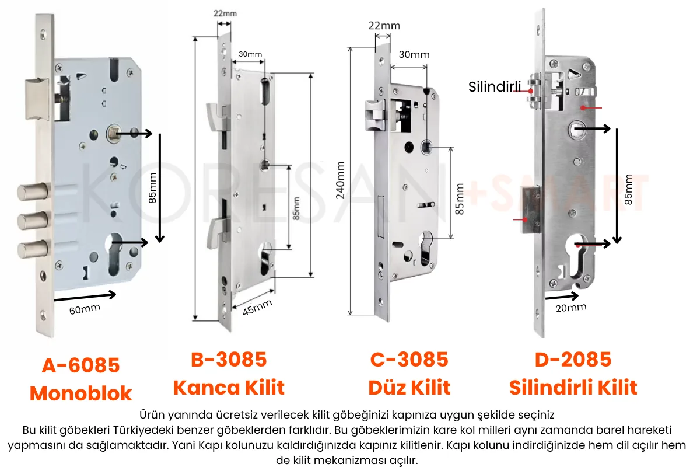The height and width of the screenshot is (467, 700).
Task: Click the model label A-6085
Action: (x=80, y=365)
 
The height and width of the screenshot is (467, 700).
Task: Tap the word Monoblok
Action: (x=80, y=393)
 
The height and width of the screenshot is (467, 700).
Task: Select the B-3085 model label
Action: (x=229, y=359)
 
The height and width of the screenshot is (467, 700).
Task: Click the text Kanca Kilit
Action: (x=229, y=387)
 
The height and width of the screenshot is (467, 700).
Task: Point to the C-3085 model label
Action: (x=409, y=359)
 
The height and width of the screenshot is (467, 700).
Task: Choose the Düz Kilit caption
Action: (x=409, y=387)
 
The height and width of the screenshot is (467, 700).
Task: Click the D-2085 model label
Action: (x=573, y=359)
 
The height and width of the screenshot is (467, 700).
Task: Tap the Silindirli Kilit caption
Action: (x=573, y=387)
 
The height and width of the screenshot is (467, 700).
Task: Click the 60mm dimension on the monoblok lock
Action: (x=85, y=309)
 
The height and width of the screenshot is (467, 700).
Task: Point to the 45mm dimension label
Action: (x=257, y=307)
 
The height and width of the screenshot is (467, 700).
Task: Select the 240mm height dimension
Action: (x=340, y=180)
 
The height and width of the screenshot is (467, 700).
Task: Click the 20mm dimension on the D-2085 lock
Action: (x=571, y=308)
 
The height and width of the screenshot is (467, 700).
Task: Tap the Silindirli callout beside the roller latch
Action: (x=495, y=86)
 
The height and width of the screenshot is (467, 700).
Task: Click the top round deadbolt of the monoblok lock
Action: (x=33, y=191)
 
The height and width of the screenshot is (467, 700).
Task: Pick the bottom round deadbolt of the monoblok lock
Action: (x=33, y=249)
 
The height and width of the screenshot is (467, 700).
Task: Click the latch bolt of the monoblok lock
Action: (x=37, y=99)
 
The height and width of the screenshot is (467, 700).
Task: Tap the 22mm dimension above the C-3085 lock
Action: (x=384, y=26)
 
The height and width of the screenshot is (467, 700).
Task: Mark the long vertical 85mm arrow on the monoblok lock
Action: (x=160, y=188)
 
